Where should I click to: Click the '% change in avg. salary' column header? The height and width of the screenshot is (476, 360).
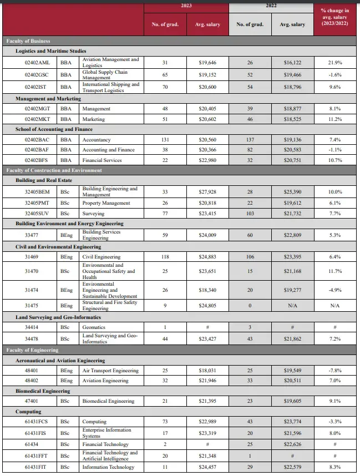pos(334,17)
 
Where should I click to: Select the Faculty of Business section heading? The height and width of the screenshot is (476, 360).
pos(28,41)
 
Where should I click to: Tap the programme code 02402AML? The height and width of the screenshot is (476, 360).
pos(38,63)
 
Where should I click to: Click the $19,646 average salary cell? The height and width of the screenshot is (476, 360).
pos(207,63)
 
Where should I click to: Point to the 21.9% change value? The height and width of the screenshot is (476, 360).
pos(334,63)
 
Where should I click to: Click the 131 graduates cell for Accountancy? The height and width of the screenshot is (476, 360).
pos(165,140)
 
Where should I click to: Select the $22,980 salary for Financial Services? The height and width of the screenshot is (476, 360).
pos(207,160)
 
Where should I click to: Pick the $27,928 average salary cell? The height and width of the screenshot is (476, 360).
pos(207,191)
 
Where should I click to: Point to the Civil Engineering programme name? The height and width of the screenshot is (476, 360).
pos(101,257)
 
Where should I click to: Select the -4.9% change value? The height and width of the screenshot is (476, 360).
pos(334,290)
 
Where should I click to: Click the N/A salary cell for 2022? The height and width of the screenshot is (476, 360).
pos(292,305)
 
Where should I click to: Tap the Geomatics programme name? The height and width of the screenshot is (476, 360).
pos(94,327)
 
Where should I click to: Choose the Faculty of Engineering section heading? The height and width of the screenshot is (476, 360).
pos(32,350)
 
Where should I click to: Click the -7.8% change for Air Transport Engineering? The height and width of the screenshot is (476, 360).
pos(334,370)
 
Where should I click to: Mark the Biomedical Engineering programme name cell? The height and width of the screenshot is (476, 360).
pos(108,401)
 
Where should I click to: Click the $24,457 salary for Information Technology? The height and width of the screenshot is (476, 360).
pos(207,467)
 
